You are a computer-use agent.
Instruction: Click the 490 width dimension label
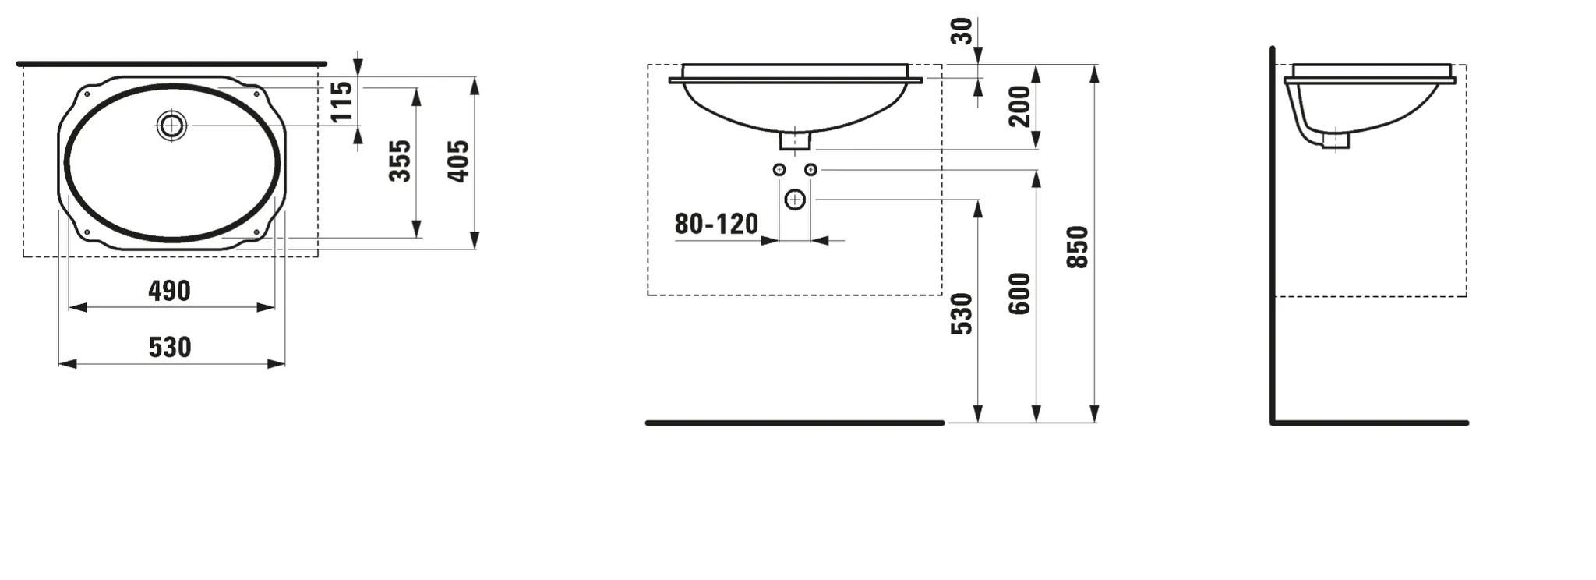pyautogui.click(x=169, y=291)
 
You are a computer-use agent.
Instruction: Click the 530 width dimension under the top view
pyautogui.click(x=169, y=347)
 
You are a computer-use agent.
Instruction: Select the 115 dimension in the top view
pyautogui.click(x=341, y=102)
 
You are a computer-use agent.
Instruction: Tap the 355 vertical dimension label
pyautogui.click(x=400, y=161)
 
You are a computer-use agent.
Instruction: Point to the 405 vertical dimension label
pyautogui.click(x=458, y=161)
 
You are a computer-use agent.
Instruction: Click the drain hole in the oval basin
pyautogui.click(x=171, y=126)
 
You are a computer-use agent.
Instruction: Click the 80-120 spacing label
pyautogui.click(x=715, y=225)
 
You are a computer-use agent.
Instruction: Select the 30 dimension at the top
pyautogui.click(x=962, y=31)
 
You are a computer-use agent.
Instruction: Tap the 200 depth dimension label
pyautogui.click(x=1019, y=106)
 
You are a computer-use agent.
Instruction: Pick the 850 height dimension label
pyautogui.click(x=1077, y=247)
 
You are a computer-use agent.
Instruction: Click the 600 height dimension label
pyautogui.click(x=1019, y=293)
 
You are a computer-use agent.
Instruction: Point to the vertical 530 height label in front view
pyautogui.click(x=962, y=313)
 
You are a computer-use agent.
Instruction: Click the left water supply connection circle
pyautogui.click(x=779, y=169)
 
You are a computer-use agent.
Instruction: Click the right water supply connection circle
pyautogui.click(x=810, y=169)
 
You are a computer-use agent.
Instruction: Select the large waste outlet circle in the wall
pyautogui.click(x=795, y=200)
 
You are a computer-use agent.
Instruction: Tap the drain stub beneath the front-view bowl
pyautogui.click(x=795, y=141)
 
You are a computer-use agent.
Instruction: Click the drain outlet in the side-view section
pyautogui.click(x=1335, y=140)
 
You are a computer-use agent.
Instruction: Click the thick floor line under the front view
pyautogui.click(x=795, y=423)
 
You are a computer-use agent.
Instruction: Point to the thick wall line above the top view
pyautogui.click(x=171, y=63)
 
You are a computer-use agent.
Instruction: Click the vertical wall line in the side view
pyautogui.click(x=1272, y=234)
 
